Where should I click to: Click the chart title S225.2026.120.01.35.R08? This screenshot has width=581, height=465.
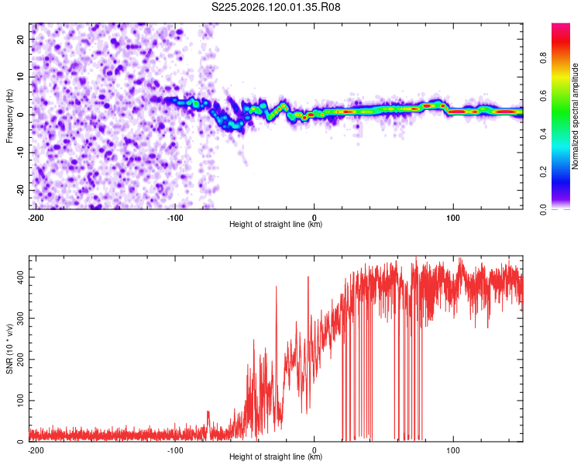(276, 7)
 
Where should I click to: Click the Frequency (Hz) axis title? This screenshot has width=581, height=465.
(9, 116)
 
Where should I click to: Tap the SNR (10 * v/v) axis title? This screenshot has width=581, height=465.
(9, 349)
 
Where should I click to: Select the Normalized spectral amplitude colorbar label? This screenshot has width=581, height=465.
(575, 116)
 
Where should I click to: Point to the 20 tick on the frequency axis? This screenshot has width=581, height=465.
(21, 39)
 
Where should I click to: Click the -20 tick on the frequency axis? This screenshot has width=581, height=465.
(21, 191)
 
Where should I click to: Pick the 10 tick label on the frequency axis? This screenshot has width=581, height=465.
(21, 77)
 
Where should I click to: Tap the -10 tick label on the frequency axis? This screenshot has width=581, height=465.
(21, 153)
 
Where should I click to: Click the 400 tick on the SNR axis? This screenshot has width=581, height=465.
(21, 277)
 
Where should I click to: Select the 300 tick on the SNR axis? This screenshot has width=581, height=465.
(21, 319)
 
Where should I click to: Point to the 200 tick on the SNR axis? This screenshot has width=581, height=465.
(21, 360)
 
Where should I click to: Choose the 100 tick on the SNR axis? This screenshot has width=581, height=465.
(21, 401)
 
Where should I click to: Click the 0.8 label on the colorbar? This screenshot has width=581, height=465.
(543, 58)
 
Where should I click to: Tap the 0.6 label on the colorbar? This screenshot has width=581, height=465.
(543, 95)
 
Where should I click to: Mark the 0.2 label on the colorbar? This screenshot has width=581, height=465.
(543, 172)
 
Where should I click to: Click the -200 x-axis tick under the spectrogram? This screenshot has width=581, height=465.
(36, 218)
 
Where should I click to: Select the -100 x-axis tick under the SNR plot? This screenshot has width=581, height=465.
(175, 450)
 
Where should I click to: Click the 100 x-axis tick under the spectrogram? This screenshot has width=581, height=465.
(453, 218)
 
